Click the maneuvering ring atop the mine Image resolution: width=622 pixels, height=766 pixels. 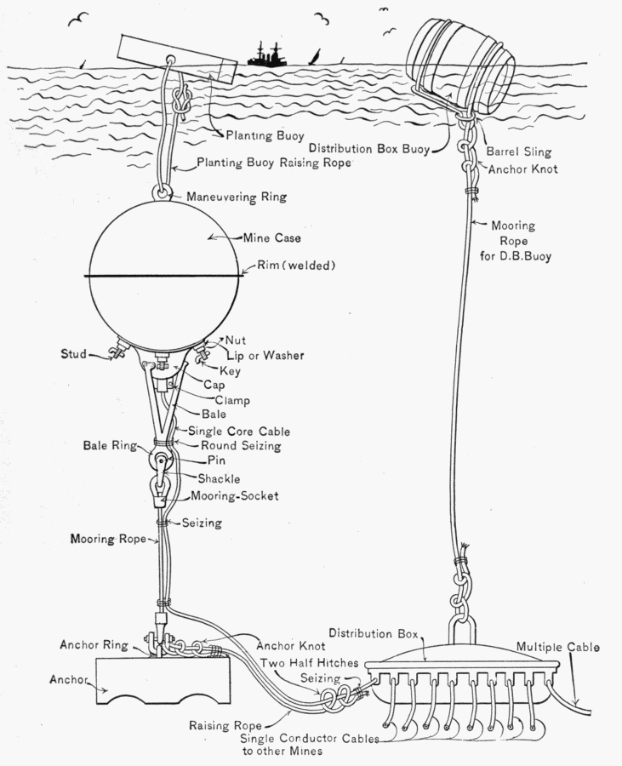point(162,193)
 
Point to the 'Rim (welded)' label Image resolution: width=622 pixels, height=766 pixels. point(297,266)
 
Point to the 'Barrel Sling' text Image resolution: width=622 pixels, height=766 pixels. point(519,152)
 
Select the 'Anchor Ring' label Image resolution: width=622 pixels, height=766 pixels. point(93,644)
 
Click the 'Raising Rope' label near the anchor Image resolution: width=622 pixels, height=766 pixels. point(220,726)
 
